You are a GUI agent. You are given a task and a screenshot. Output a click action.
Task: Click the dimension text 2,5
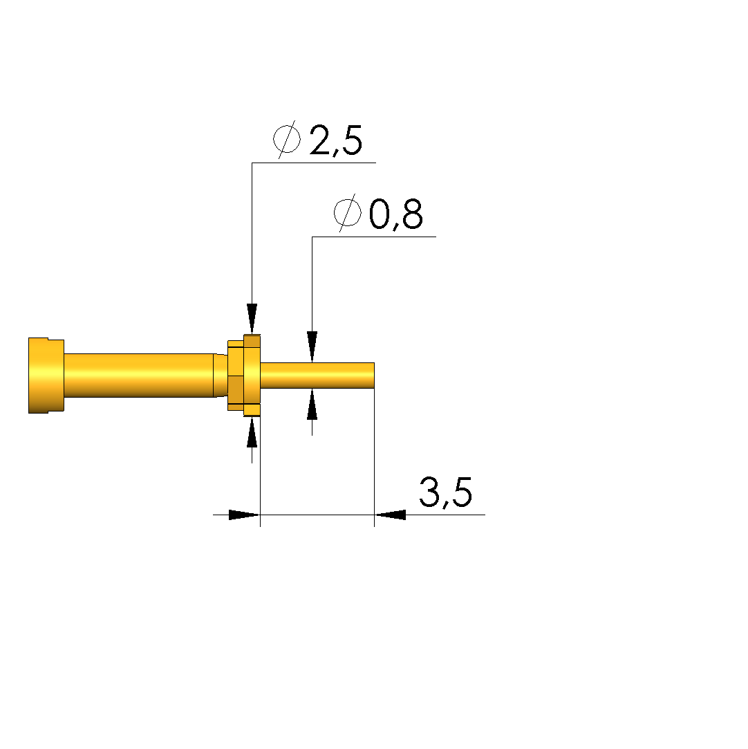tap(336, 140)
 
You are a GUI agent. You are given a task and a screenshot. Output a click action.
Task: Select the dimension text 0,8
tap(395, 214)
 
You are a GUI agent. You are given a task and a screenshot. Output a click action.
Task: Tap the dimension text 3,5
tap(445, 492)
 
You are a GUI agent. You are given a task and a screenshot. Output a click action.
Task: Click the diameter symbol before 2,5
tap(287, 140)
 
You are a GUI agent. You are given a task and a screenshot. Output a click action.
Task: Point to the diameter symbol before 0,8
tap(348, 213)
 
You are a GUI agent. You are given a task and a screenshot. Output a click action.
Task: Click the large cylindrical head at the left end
tap(46, 376)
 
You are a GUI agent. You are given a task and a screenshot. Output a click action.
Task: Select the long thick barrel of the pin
tap(138, 376)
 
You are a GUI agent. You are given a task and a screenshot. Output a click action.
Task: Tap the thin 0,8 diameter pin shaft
tap(317, 376)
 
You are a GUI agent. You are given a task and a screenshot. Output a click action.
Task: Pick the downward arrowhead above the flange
tap(252, 319)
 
